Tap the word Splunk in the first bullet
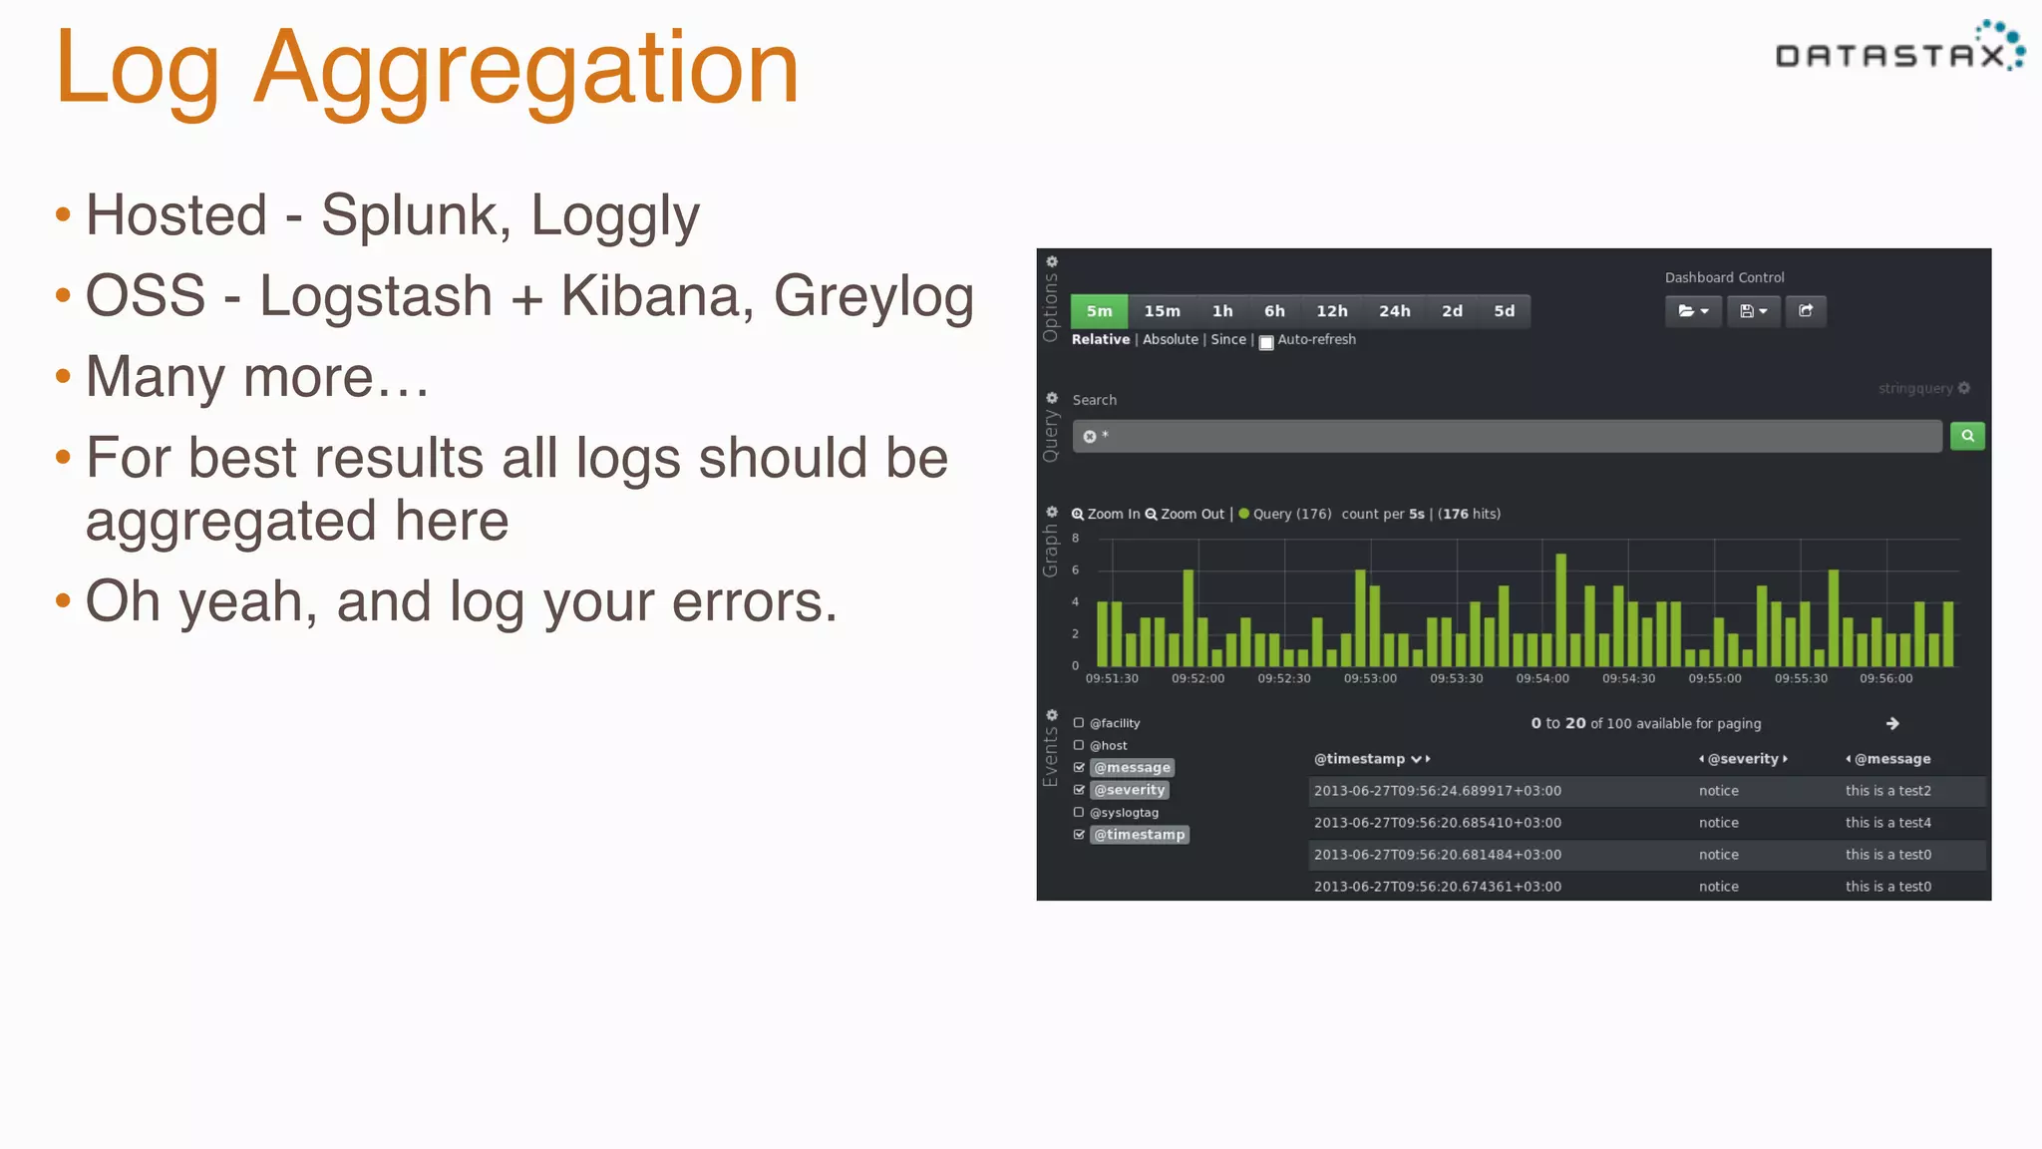[409, 215]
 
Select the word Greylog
[873, 296]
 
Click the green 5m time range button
[1099, 311]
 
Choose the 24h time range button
[1394, 311]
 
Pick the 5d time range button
[1504, 311]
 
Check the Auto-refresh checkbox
[1266, 342]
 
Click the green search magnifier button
[1967, 436]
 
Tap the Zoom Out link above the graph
[1185, 515]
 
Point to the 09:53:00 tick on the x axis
[1370, 679]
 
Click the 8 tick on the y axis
[1075, 539]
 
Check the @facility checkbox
[1078, 723]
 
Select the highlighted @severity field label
[1129, 790]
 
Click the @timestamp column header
[1360, 759]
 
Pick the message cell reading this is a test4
[1887, 823]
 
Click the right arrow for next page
[1892, 724]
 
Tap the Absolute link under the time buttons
[1170, 340]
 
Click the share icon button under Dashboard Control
[1806, 311]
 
